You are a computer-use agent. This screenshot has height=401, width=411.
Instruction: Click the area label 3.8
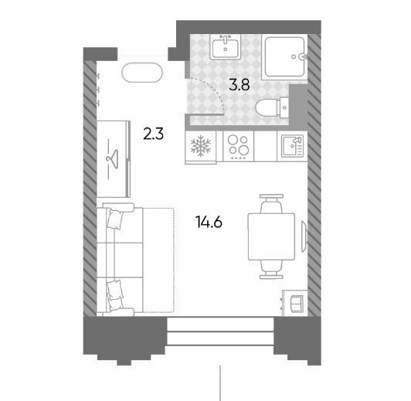click(x=239, y=85)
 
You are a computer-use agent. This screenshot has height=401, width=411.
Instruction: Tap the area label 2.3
click(x=153, y=134)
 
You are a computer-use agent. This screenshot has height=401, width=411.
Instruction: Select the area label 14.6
click(x=209, y=223)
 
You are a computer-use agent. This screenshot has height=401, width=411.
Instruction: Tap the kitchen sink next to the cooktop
click(x=292, y=146)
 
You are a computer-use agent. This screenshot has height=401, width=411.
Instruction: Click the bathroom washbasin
click(x=226, y=47)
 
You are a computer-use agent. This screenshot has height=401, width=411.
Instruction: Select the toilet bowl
click(x=267, y=108)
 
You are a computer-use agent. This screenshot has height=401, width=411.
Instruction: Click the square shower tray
click(x=284, y=57)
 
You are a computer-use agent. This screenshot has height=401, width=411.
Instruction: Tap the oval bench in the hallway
click(x=142, y=73)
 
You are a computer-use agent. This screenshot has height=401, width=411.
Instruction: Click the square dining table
click(x=271, y=236)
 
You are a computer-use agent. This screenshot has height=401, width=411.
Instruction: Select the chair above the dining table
click(x=271, y=204)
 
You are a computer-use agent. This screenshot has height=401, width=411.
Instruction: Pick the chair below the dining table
click(x=271, y=270)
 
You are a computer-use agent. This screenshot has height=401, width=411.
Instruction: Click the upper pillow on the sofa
click(x=115, y=219)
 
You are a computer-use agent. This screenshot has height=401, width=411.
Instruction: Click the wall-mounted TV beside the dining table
click(x=304, y=236)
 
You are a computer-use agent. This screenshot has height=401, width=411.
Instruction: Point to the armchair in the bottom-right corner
click(x=295, y=303)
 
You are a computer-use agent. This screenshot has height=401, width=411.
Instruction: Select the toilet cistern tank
click(x=284, y=107)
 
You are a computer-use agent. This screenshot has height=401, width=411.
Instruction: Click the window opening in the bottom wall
click(x=220, y=331)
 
